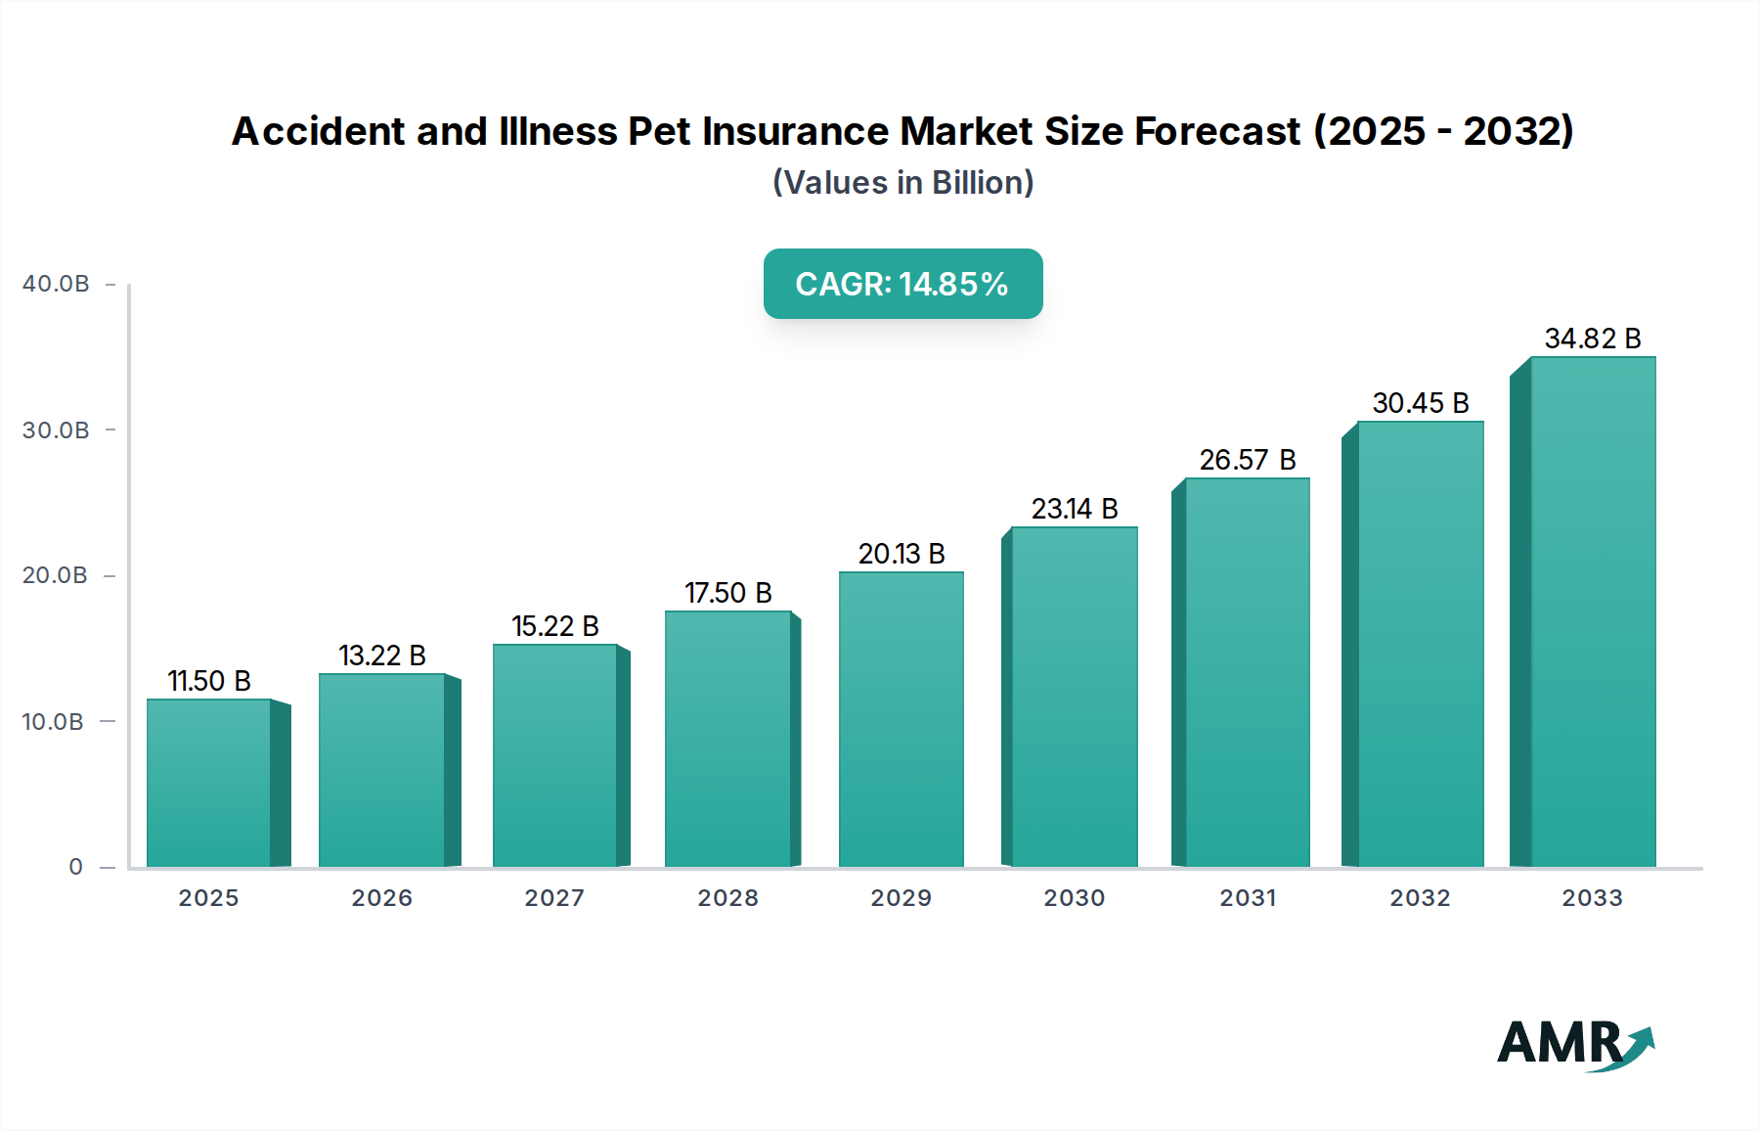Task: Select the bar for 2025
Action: point(208,783)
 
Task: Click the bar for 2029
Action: point(901,719)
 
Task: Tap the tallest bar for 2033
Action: point(1592,611)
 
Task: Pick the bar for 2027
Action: point(554,755)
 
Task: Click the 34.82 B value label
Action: point(1592,339)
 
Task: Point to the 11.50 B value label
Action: point(208,681)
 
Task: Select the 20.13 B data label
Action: point(901,554)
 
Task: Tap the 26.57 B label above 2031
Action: point(1247,460)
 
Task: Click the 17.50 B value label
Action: point(727,593)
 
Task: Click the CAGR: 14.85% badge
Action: point(902,284)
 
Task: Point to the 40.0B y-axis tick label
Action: point(56,284)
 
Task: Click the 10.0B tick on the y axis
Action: point(53,722)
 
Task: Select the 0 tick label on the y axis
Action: point(76,867)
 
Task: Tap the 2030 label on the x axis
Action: point(1074,898)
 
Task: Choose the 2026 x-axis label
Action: point(381,898)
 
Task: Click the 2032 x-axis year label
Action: point(1420,898)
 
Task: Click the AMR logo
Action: point(1574,1044)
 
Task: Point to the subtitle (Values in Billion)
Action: point(902,183)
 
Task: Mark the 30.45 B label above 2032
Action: point(1420,403)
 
